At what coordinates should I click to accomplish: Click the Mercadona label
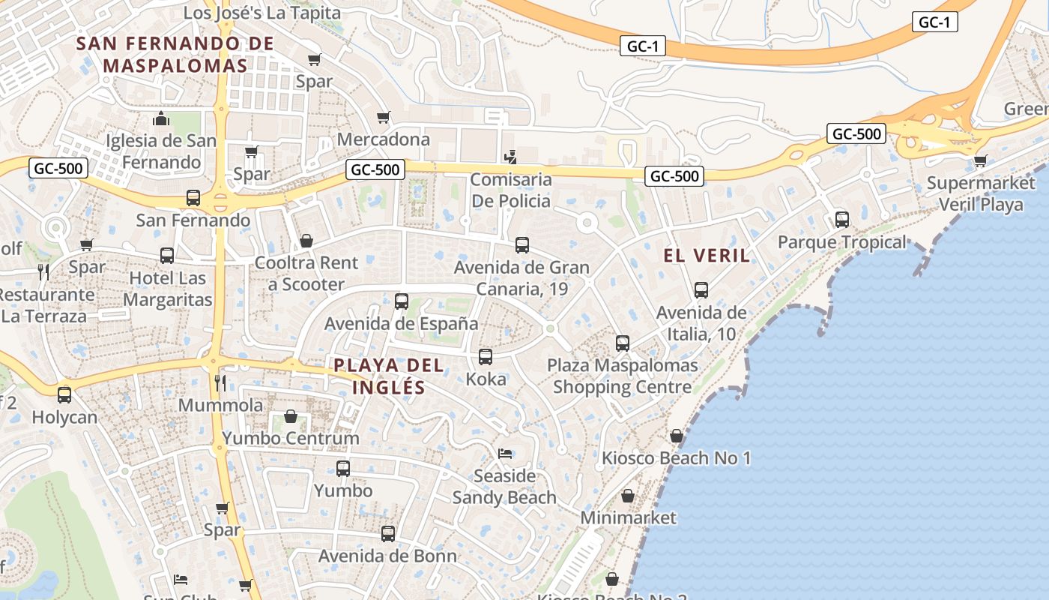(384, 139)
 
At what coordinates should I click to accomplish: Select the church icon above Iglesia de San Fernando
(161, 118)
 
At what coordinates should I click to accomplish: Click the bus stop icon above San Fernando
(193, 198)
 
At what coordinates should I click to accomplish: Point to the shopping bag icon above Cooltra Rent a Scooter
(306, 241)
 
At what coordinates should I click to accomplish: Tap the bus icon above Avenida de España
(402, 301)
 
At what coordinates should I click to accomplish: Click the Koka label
(486, 379)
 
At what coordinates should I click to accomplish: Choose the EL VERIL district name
(707, 256)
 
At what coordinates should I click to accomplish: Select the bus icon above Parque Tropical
(842, 220)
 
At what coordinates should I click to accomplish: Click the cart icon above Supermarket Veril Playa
(980, 160)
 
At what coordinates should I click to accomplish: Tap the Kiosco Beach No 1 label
(677, 457)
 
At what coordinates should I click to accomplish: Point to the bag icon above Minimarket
(628, 496)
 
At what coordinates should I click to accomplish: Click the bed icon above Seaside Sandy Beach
(505, 454)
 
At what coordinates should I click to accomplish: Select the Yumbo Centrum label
(291, 438)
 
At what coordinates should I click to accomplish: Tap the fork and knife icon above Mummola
(220, 383)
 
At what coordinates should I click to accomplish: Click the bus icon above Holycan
(64, 394)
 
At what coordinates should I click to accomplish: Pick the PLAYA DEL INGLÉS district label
(389, 376)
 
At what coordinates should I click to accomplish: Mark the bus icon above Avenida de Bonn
(388, 534)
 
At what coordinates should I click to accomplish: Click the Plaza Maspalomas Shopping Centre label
(623, 376)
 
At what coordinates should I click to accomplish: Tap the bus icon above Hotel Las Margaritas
(167, 256)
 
